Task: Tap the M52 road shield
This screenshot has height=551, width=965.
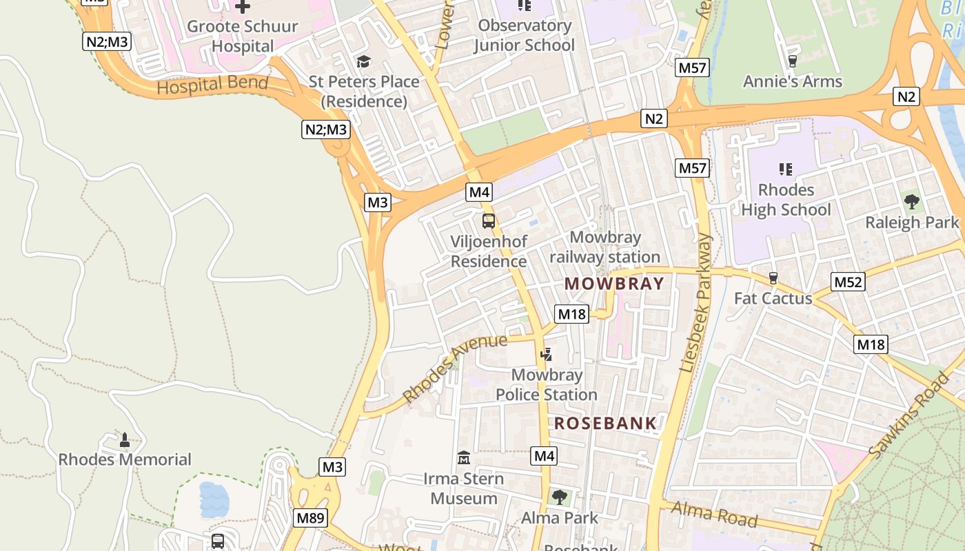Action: (849, 281)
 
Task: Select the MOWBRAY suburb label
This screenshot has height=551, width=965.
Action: (614, 284)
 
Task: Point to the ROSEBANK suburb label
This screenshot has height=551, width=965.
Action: (605, 423)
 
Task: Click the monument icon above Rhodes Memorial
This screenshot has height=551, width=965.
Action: (125, 439)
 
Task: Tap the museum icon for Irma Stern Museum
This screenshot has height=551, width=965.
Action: (464, 458)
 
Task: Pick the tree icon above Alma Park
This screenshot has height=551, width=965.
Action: (560, 497)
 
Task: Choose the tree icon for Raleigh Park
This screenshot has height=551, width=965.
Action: (912, 202)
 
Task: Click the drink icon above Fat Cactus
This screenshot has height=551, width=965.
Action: (773, 278)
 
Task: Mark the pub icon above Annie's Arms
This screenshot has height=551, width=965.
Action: (792, 61)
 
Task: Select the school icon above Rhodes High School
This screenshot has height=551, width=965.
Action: (785, 169)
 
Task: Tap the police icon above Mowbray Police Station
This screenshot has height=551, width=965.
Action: (547, 355)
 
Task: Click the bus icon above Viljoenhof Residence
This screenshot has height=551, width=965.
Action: (489, 222)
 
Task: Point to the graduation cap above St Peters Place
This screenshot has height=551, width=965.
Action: (363, 61)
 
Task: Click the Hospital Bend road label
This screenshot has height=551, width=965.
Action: (212, 85)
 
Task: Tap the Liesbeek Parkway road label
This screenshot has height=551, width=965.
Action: (696, 303)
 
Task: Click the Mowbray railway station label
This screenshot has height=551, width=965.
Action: (605, 247)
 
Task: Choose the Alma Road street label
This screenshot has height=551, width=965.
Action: (714, 514)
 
